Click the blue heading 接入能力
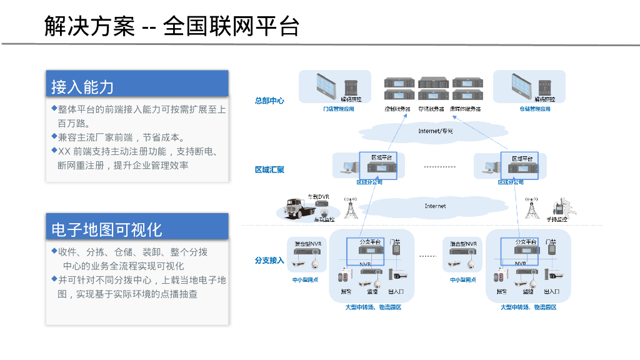pos(82,87)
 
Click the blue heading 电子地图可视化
pos(106,229)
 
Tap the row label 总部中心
pos(269,101)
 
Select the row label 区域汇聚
pos(269,169)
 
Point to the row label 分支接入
pos(269,260)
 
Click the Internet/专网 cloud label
pos(435,131)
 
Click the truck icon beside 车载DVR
pos(296,208)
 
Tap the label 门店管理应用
pos(338,109)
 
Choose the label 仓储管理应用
pos(535,109)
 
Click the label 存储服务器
pos(431,109)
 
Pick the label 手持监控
pos(556,219)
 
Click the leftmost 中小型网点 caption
pos(305,280)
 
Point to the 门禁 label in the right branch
pos(551,241)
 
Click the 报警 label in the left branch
pos(345,291)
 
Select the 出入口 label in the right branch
pos(551,291)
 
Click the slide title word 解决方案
pos(89,26)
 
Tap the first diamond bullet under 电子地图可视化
pos(54,251)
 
